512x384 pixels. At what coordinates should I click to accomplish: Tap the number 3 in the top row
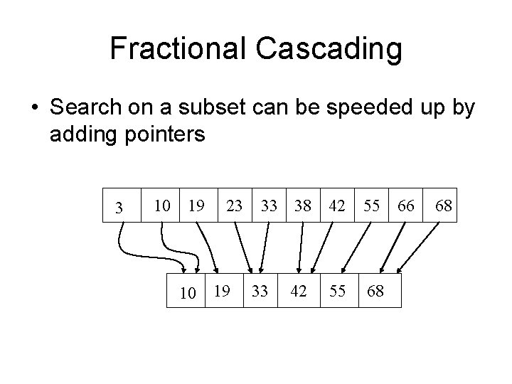119,208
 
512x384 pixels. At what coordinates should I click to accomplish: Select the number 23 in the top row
234,206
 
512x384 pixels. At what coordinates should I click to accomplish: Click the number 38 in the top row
303,206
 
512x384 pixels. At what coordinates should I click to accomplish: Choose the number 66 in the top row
406,206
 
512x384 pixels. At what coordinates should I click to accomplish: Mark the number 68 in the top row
444,206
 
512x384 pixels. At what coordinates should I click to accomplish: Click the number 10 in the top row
162,206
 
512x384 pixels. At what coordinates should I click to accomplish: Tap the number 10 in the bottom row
187,292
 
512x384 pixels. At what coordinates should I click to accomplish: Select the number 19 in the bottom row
222,290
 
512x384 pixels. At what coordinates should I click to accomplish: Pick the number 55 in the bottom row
337,290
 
